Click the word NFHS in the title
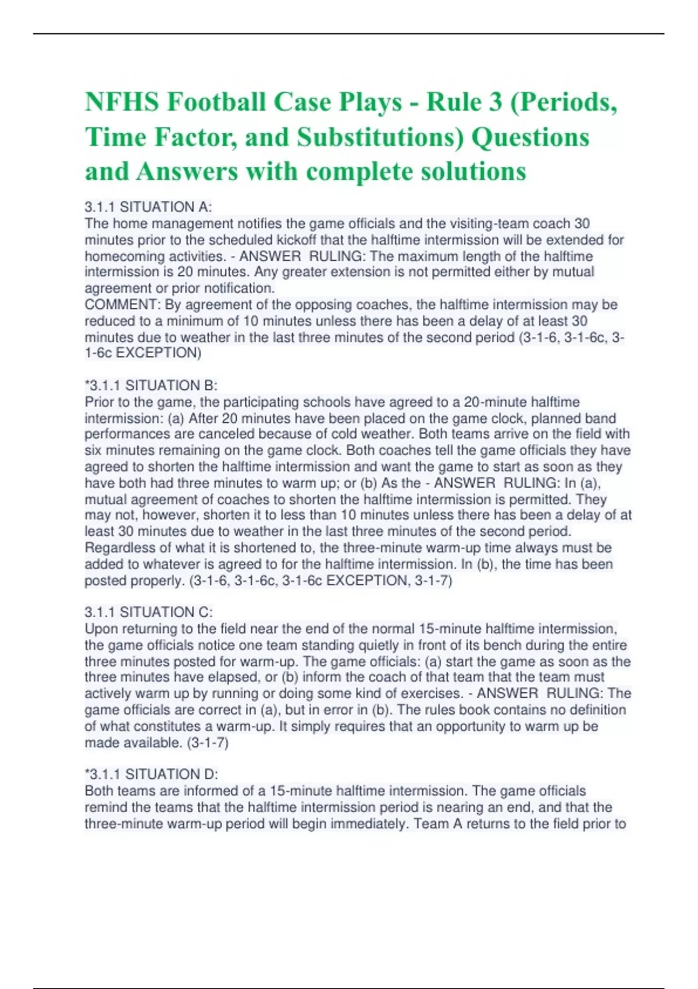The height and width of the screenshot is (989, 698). click(122, 102)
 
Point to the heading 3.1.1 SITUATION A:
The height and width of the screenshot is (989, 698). click(148, 207)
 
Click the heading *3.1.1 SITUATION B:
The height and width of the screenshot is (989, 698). click(151, 386)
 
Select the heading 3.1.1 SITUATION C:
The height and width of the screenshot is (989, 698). click(149, 613)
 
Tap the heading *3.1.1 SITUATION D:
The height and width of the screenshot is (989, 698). click(151, 774)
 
